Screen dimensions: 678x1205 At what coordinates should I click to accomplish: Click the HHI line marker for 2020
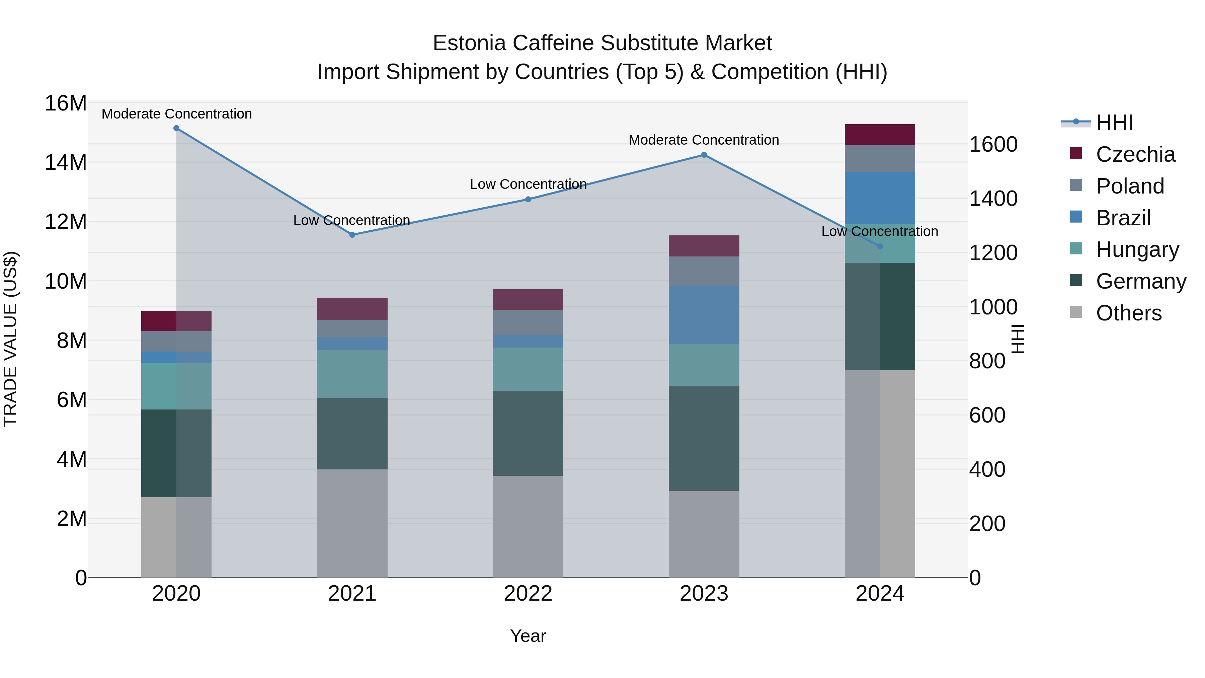(176, 128)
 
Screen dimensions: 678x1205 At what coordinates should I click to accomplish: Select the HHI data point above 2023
(704, 155)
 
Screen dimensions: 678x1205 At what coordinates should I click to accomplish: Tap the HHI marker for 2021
(352, 235)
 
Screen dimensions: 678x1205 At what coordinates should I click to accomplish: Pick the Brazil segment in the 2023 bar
(704, 315)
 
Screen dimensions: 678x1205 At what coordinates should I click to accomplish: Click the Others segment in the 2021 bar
(352, 523)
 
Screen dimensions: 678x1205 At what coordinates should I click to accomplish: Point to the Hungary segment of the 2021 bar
(352, 374)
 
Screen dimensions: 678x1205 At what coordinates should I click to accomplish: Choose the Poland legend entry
(1130, 186)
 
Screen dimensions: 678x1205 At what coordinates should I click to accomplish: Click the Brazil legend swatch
(1076, 217)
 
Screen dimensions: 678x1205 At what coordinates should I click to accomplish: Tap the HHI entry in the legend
(1114, 123)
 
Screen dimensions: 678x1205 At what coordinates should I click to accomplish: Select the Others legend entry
(1128, 313)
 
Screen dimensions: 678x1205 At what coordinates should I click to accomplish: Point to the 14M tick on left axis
(66, 163)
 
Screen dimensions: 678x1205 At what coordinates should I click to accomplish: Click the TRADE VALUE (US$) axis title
(10, 339)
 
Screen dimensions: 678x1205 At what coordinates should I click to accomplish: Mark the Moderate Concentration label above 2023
(704, 140)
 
